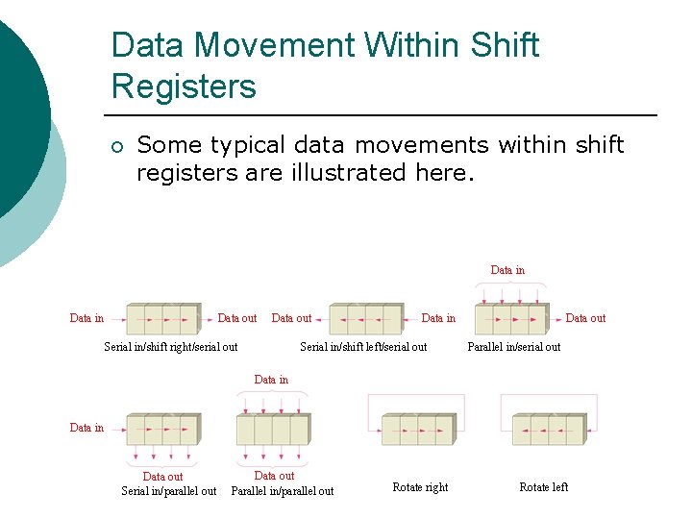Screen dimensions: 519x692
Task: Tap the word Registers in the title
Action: [184, 86]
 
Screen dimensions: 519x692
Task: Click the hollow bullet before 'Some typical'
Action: [116, 147]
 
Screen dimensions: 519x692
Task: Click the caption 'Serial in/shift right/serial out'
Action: [171, 347]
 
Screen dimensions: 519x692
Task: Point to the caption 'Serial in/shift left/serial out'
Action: [363, 347]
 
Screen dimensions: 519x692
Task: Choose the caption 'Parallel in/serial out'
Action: [513, 347]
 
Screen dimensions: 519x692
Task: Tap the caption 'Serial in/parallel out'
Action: [168, 491]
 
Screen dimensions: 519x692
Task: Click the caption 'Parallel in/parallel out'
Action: [283, 491]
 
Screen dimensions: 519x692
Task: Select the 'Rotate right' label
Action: [420, 487]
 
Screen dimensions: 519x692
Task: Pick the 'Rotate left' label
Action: [543, 487]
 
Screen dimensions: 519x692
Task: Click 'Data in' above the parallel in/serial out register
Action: [507, 270]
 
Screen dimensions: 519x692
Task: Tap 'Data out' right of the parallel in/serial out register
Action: [585, 318]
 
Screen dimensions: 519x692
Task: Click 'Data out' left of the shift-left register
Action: [291, 318]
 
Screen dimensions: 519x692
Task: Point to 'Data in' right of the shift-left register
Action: [438, 318]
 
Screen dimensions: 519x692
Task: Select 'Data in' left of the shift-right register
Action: [86, 318]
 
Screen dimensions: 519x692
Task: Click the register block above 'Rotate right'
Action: [418, 428]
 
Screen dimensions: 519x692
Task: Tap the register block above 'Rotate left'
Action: [548, 428]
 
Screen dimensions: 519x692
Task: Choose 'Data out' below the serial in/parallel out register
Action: [162, 477]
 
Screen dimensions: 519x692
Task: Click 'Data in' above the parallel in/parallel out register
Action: [271, 380]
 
